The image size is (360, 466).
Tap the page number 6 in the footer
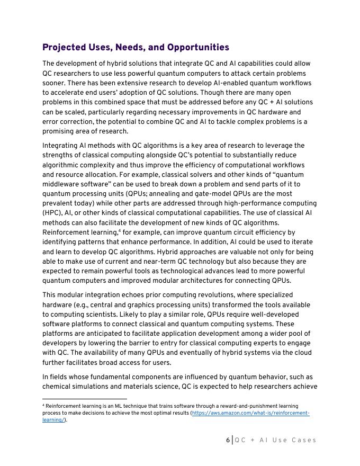228,440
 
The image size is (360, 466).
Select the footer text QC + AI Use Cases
275,440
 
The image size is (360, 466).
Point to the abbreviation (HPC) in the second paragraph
52,213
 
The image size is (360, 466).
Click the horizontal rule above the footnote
85,399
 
